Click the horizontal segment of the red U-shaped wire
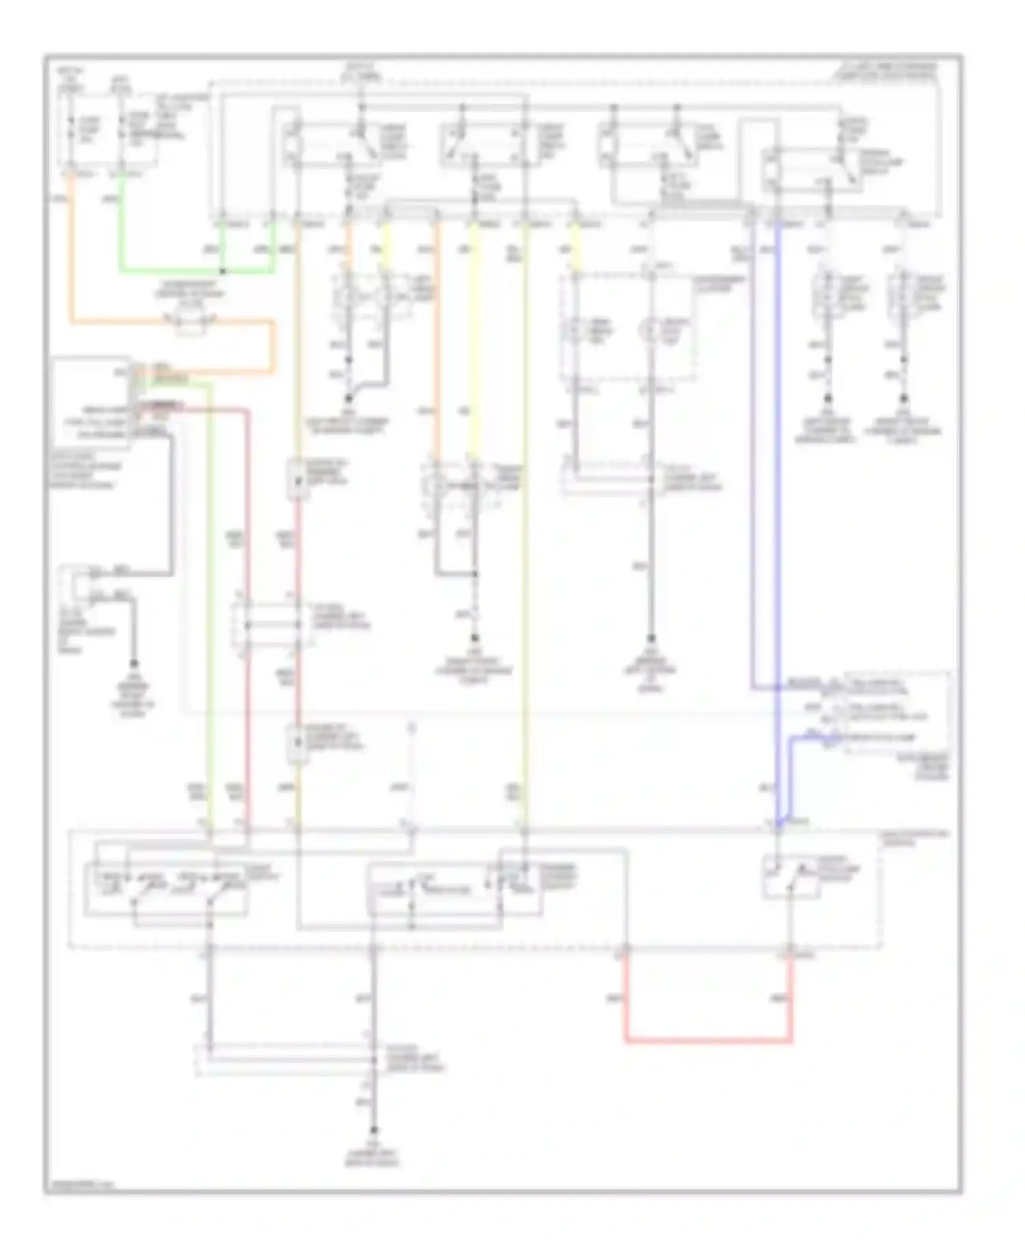709,1041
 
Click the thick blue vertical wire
778,478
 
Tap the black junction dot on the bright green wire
222,271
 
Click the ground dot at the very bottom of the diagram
374,1131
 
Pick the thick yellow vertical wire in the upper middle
474,342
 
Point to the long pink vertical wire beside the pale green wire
247,615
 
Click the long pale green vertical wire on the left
210,615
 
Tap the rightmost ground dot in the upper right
904,398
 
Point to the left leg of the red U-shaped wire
627,998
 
